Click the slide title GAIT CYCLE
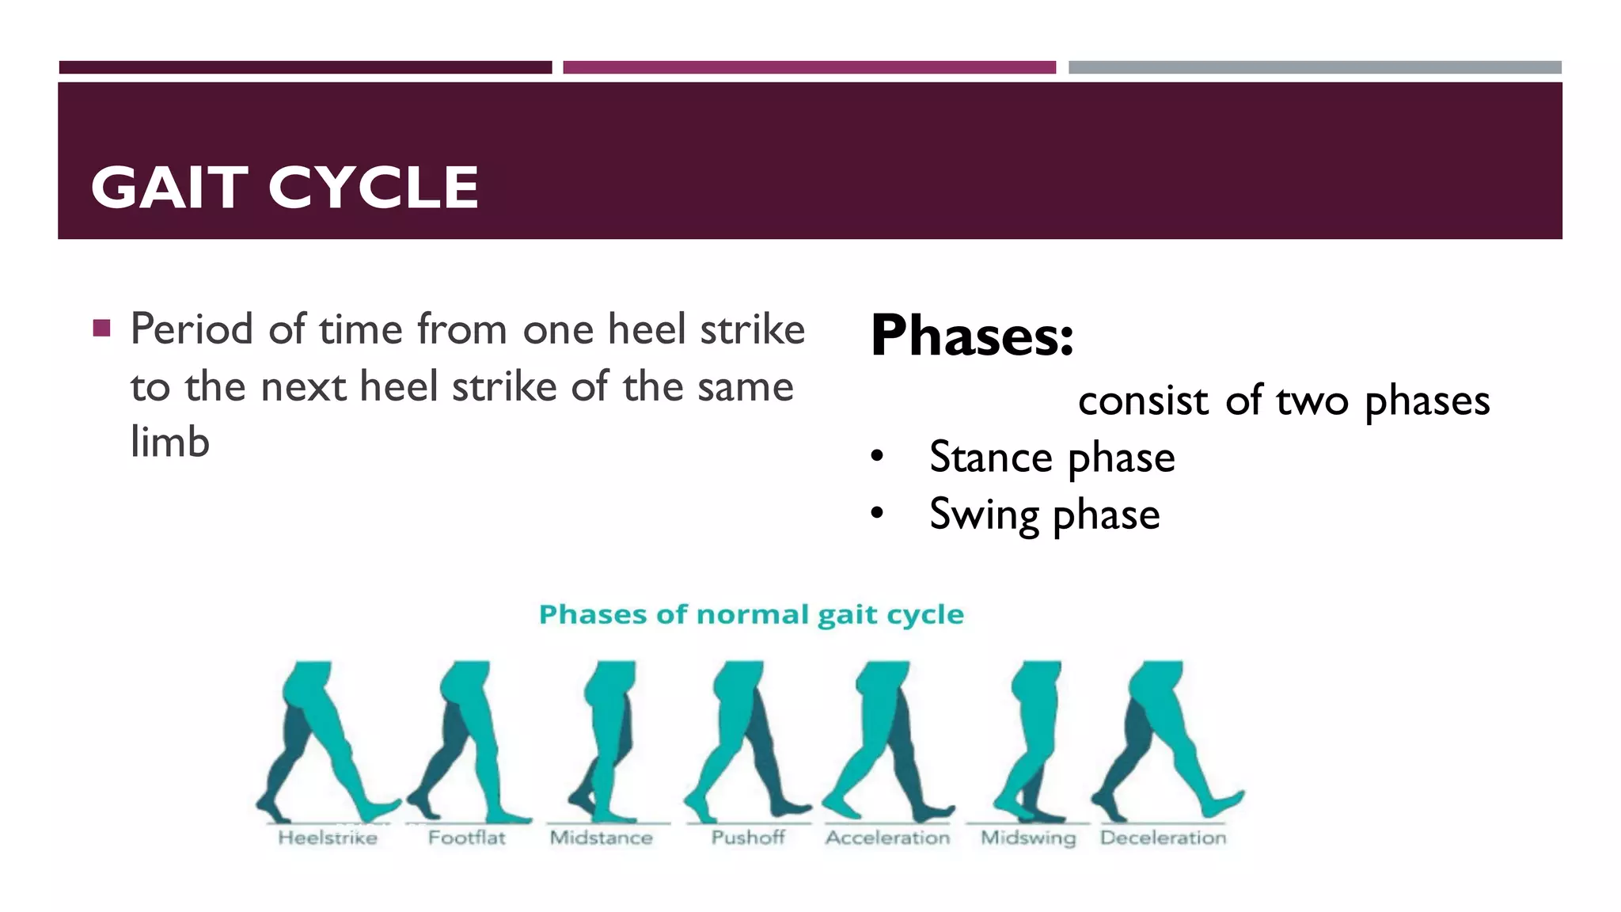pyautogui.click(x=285, y=188)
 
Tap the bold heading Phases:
pyautogui.click(x=972, y=336)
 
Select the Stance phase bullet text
pyautogui.click(x=1052, y=458)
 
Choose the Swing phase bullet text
pyautogui.click(x=1044, y=515)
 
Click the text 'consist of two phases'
pyautogui.click(x=1283, y=401)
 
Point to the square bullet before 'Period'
pyautogui.click(x=101, y=328)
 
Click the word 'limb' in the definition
pyautogui.click(x=170, y=442)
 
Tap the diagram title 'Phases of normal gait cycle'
pyautogui.click(x=751, y=614)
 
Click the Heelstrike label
pyautogui.click(x=328, y=838)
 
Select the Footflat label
pyautogui.click(x=466, y=838)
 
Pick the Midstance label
pyautogui.click(x=602, y=838)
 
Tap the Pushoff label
pyautogui.click(x=748, y=838)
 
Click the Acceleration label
pyautogui.click(x=887, y=838)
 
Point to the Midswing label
pyautogui.click(x=1028, y=838)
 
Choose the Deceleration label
pyautogui.click(x=1163, y=838)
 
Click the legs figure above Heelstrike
pyautogui.click(x=325, y=740)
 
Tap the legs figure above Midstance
pyautogui.click(x=606, y=740)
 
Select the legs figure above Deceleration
pyautogui.click(x=1164, y=740)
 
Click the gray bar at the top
pyautogui.click(x=1315, y=67)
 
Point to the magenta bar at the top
pyautogui.click(x=809, y=67)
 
